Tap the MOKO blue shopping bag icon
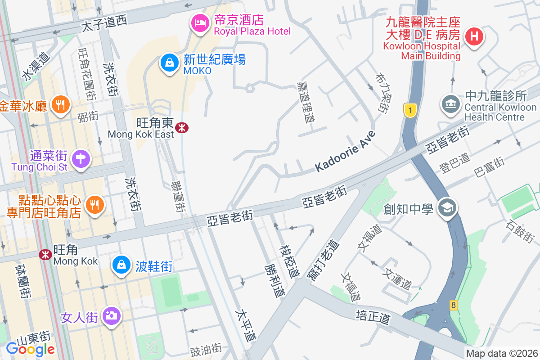tap(169, 63)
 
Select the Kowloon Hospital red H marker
tap(474, 36)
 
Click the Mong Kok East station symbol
tap(182, 128)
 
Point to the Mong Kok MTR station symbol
tap(45, 255)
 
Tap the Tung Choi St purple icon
tap(81, 158)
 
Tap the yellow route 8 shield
tap(453, 305)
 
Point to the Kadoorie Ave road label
tap(345, 151)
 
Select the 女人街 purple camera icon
tap(111, 316)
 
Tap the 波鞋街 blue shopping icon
tap(121, 265)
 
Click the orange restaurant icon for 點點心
tap(94, 205)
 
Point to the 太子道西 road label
tap(104, 22)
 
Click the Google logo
tap(30, 349)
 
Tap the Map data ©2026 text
tap(501, 353)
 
